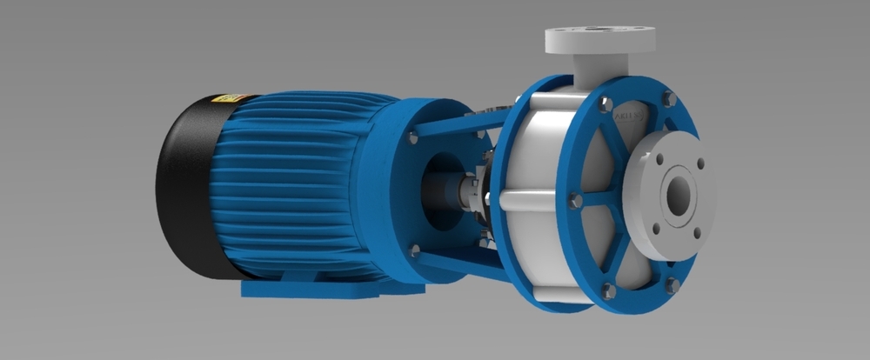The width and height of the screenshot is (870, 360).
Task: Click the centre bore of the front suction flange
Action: pyautogui.click(x=677, y=192)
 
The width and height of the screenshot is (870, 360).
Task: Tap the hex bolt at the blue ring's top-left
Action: pyautogui.click(x=606, y=105)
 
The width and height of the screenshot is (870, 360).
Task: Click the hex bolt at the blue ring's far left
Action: pyautogui.click(x=574, y=201)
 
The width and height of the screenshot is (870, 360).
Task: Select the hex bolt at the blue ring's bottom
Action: pyautogui.click(x=608, y=290)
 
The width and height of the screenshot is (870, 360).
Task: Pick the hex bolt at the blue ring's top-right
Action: pyautogui.click(x=668, y=99)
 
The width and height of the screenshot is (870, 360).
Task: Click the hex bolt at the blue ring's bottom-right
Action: pyautogui.click(x=672, y=283)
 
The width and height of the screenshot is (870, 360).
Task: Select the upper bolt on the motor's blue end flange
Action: pyautogui.click(x=412, y=137)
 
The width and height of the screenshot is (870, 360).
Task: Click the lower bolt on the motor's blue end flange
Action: pyautogui.click(x=415, y=250)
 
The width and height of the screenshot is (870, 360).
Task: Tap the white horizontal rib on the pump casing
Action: pyautogui.click(x=531, y=202)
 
